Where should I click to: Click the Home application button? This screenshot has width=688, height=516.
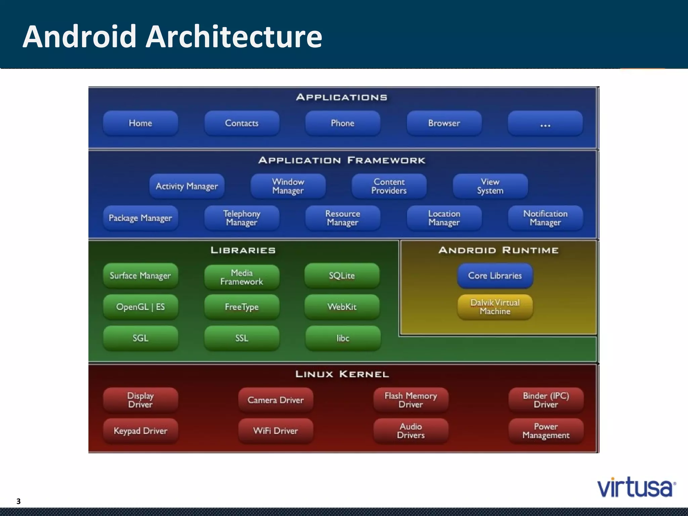[x=140, y=123]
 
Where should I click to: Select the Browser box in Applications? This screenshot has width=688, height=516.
[x=444, y=123]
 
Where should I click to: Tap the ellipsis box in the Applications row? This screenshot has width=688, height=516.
[x=545, y=123]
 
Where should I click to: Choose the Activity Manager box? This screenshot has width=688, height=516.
[x=187, y=186]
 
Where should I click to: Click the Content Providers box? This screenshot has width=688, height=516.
[x=389, y=186]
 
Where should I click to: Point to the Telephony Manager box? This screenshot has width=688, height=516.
[x=242, y=218]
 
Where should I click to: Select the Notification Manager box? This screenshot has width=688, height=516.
[x=545, y=218]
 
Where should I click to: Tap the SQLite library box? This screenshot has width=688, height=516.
[x=342, y=276]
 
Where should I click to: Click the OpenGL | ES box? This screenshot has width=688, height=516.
[x=140, y=307]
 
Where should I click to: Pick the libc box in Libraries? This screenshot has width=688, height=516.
[x=343, y=338]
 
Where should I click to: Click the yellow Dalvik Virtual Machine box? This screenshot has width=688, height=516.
[x=495, y=307]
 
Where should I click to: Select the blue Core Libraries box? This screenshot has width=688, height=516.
[x=495, y=276]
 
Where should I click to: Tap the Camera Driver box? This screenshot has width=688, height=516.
[x=275, y=400]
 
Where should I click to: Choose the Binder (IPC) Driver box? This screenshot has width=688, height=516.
[x=546, y=400]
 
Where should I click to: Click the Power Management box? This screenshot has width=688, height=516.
[x=546, y=431]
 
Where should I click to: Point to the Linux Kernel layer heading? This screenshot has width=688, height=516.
[x=342, y=374]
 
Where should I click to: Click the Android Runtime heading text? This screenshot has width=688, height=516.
[x=499, y=250]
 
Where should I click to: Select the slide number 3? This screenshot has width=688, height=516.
[x=18, y=501]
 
